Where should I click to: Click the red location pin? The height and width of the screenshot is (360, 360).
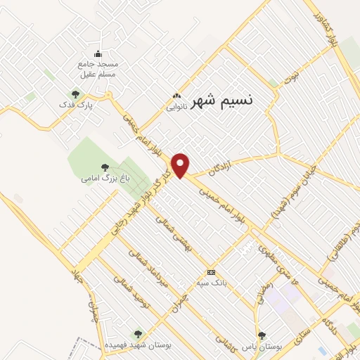coord(181,165)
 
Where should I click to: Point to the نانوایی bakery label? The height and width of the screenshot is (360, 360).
coord(176,108)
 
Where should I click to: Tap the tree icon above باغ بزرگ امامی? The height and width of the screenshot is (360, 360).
coord(105,167)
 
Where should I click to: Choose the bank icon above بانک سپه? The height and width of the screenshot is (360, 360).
coord(210,272)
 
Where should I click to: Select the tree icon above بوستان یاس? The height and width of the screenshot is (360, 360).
coord(262,335)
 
